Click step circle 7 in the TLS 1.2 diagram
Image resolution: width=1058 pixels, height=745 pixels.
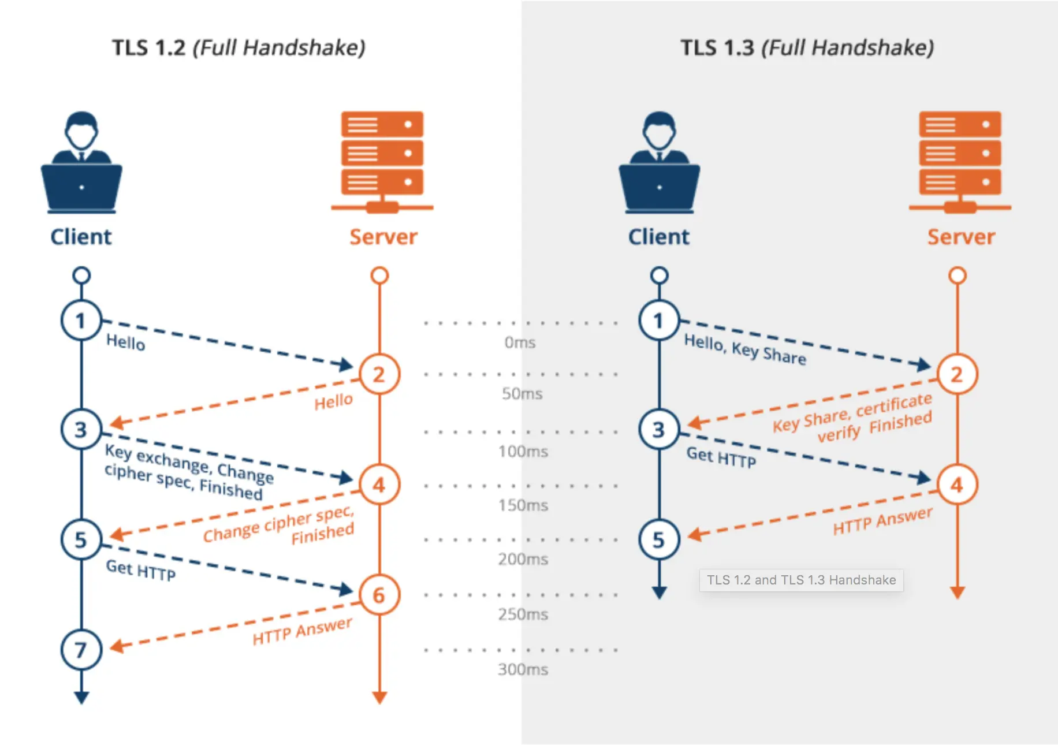[x=81, y=650]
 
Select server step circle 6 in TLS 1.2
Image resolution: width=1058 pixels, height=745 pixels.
[x=379, y=595]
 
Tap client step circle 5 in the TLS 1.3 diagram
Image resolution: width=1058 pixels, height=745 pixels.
[x=659, y=539]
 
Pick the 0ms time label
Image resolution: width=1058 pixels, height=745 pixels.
[x=520, y=342]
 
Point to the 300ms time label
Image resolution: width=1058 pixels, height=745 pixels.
[x=523, y=669]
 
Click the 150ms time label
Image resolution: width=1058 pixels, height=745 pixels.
[x=523, y=505]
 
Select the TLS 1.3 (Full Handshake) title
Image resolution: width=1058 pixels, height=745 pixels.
[x=807, y=47]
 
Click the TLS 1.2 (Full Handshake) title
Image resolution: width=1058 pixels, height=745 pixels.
[x=239, y=47]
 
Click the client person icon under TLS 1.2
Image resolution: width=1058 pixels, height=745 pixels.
[x=81, y=162]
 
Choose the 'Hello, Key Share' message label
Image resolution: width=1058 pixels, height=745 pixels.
[x=745, y=349]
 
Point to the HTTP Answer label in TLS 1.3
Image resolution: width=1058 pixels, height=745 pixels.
[x=882, y=521]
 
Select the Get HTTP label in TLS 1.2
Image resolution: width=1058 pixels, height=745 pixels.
[x=140, y=570]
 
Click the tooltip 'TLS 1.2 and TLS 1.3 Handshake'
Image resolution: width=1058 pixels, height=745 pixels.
[x=801, y=580]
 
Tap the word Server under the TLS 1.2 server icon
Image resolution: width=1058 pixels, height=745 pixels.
[x=383, y=237]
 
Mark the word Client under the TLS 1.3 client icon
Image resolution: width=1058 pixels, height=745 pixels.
[x=658, y=237]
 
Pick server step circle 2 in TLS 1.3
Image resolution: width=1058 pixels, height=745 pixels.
[x=957, y=374]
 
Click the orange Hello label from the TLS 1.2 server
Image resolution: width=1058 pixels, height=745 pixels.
[x=333, y=401]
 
